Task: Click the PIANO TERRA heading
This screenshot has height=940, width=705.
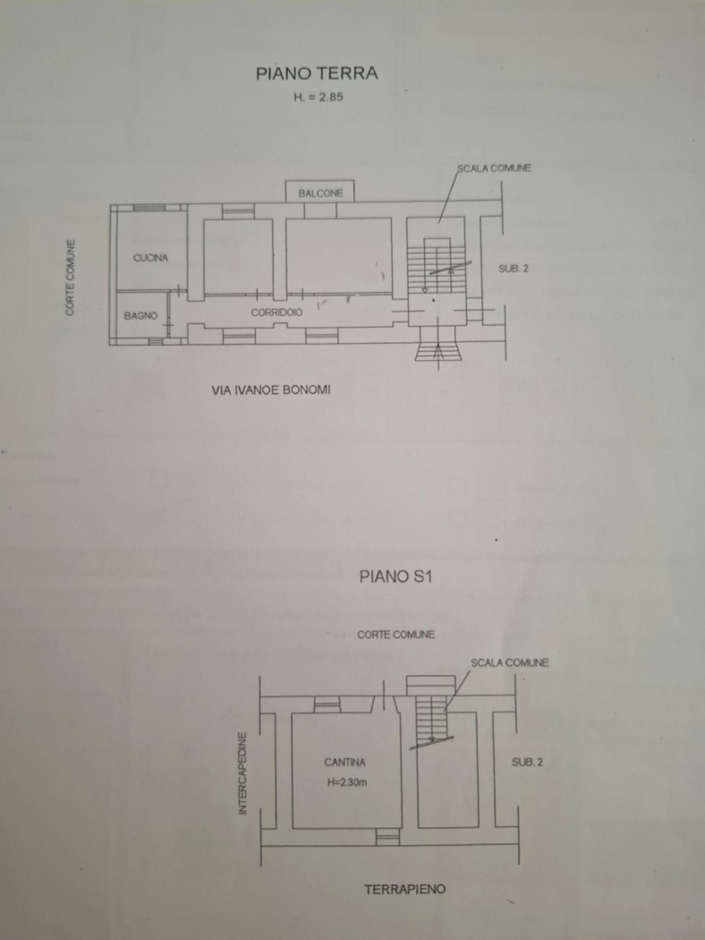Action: click(317, 73)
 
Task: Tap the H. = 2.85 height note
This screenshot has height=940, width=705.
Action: click(319, 97)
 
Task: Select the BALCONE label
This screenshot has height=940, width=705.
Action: click(320, 193)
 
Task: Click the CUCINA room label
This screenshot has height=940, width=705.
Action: click(150, 258)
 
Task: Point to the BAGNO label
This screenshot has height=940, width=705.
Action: click(140, 316)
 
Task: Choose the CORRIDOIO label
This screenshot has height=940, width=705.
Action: click(276, 312)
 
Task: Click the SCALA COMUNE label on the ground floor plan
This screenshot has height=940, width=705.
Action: click(494, 168)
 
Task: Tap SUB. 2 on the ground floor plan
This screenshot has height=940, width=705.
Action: click(514, 269)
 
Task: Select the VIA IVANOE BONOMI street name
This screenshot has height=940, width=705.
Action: click(271, 390)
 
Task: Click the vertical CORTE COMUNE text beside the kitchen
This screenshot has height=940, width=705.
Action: click(71, 278)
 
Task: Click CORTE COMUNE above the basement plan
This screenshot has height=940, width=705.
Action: click(396, 634)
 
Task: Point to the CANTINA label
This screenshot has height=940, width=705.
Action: click(345, 763)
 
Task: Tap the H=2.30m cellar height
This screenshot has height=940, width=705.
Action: click(347, 782)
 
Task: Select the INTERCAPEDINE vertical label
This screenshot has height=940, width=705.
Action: click(242, 773)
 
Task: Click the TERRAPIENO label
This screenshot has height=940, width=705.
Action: click(405, 889)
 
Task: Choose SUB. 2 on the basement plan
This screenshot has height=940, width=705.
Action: click(527, 762)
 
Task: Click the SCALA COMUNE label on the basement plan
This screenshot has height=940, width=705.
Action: click(509, 663)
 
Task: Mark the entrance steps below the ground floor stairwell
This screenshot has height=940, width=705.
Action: click(439, 350)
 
